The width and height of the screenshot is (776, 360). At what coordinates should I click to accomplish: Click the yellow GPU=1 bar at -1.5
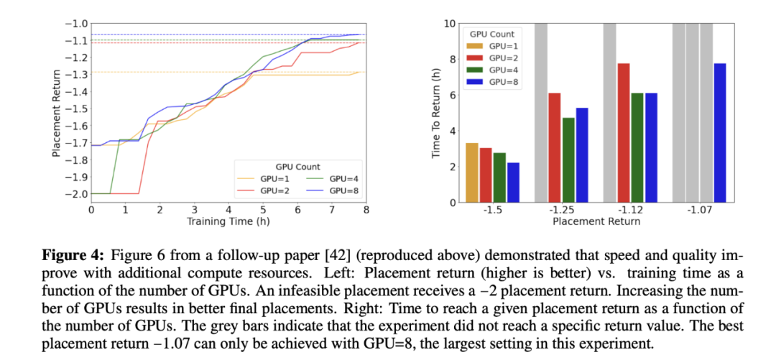[472, 172]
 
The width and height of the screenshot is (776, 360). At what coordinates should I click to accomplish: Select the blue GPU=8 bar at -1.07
[719, 133]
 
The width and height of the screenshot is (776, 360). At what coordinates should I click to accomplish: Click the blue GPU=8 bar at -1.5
[513, 183]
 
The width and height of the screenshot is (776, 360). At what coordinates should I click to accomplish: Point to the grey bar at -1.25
[542, 112]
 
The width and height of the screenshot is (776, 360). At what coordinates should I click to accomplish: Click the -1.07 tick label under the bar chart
[699, 211]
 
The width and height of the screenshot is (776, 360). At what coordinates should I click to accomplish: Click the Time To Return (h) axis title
[435, 112]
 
